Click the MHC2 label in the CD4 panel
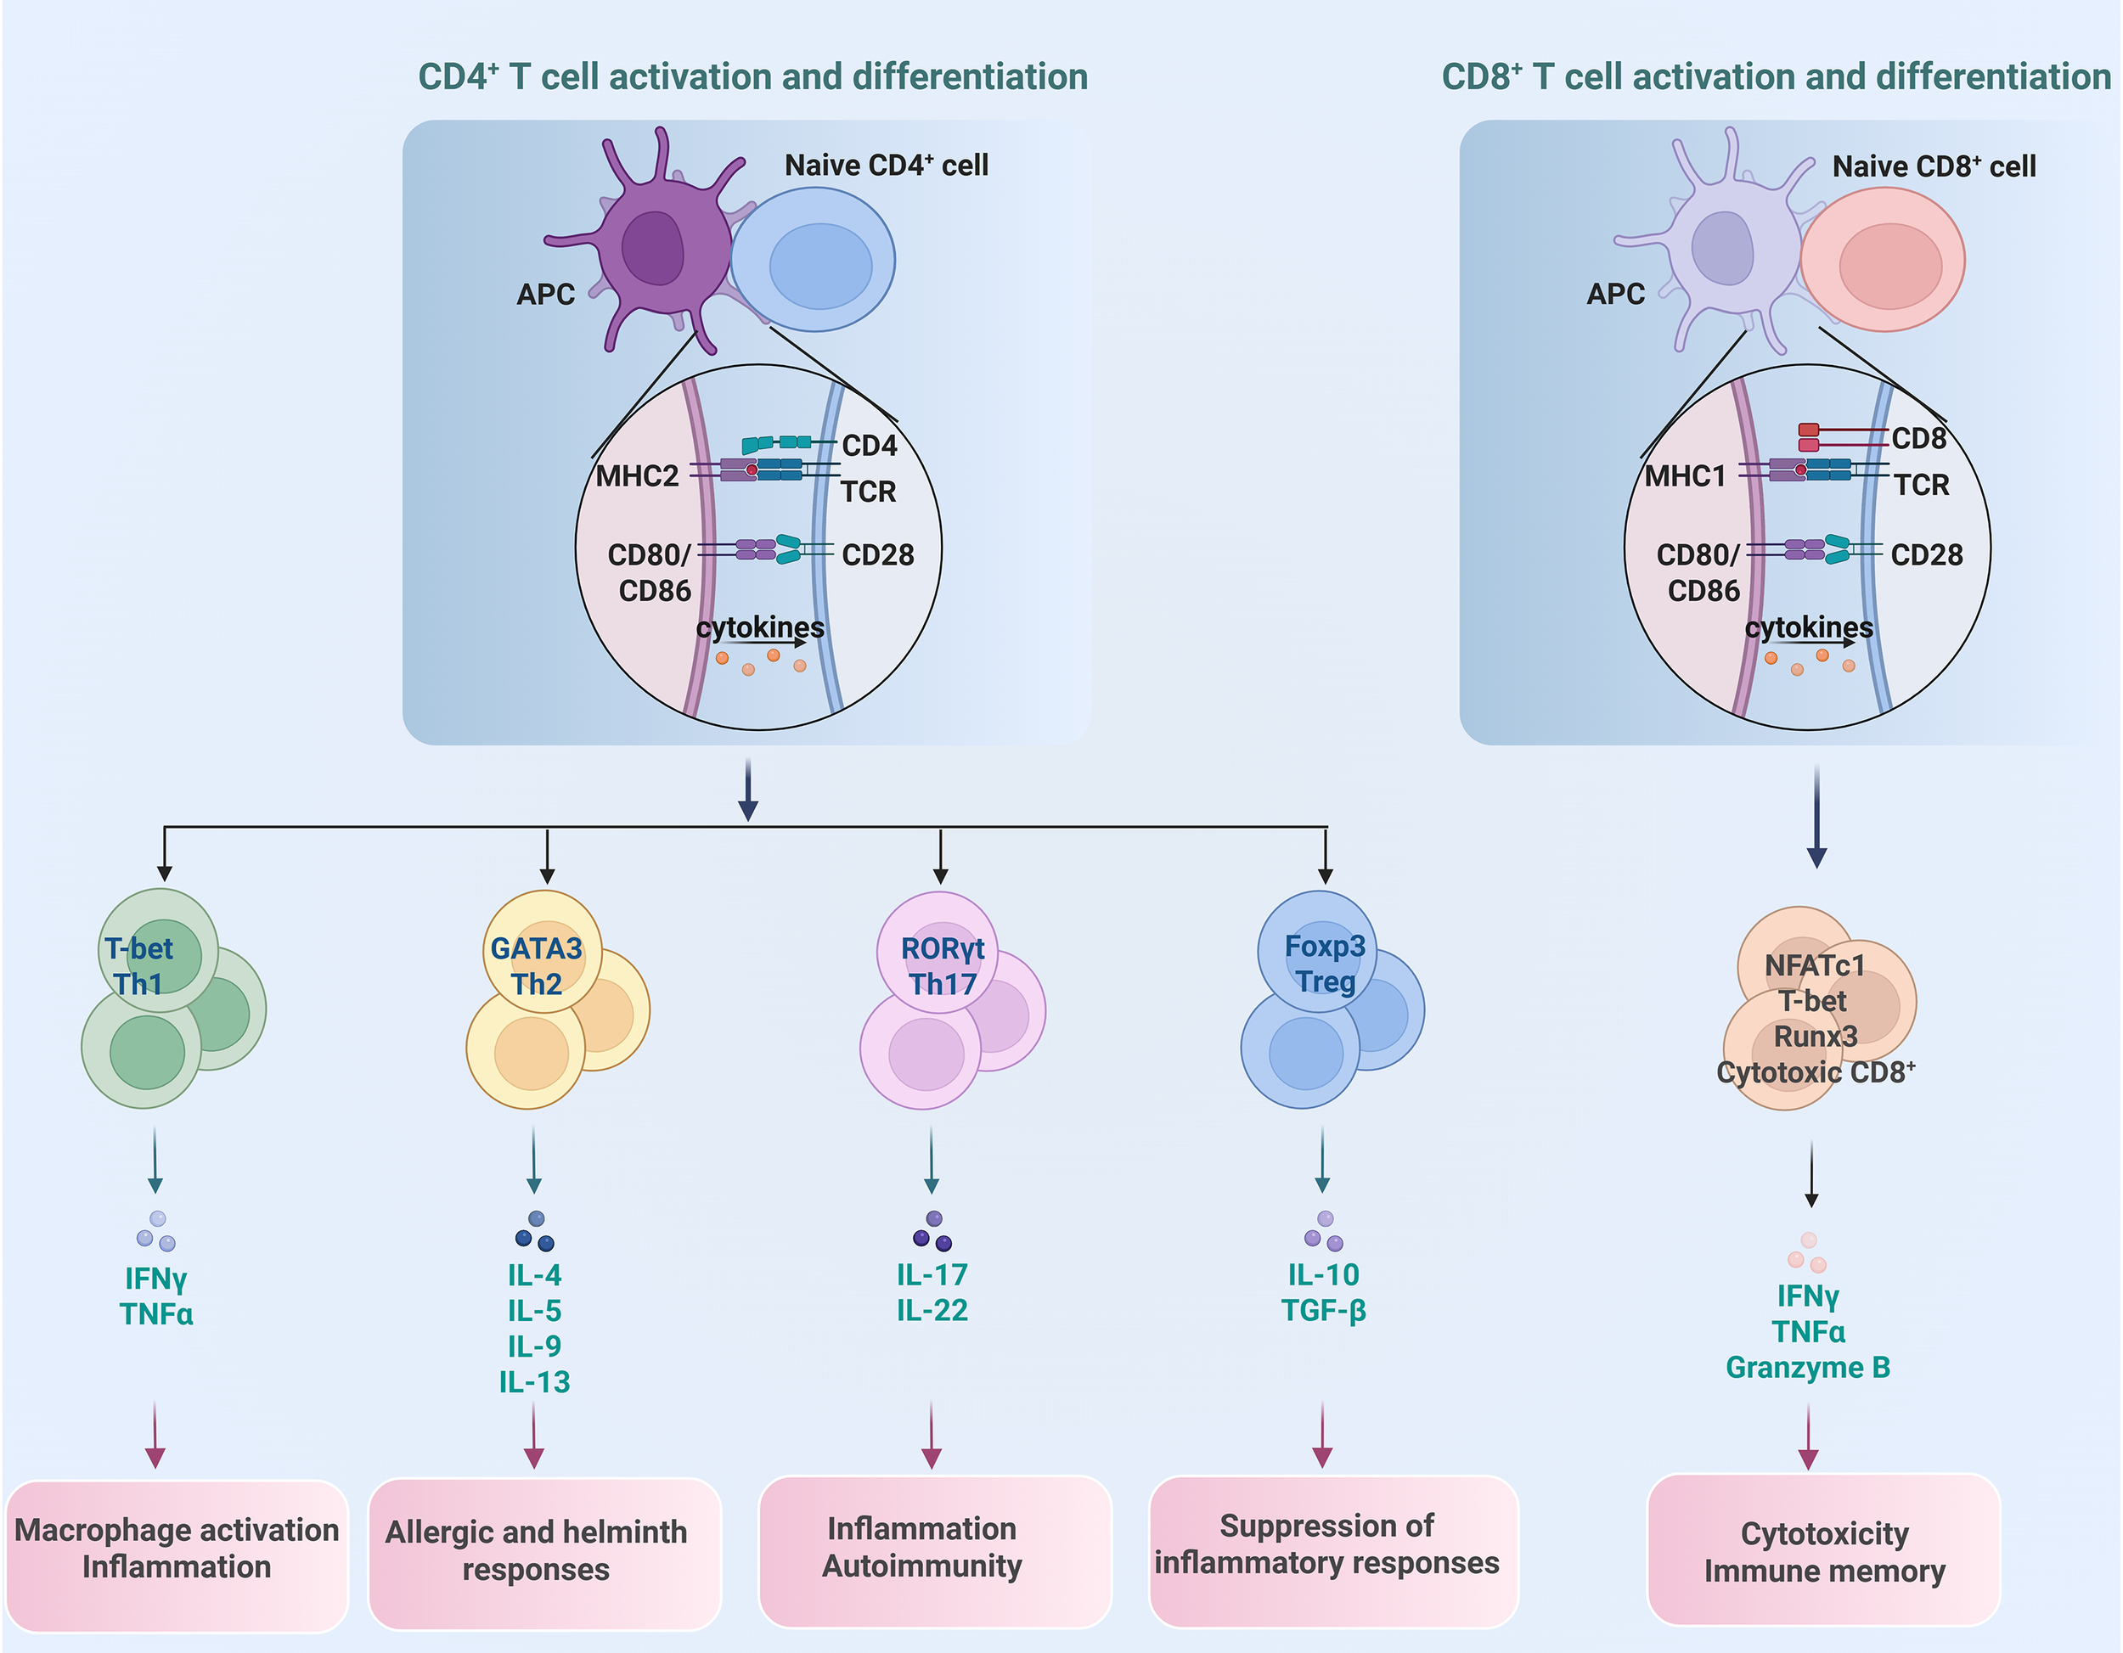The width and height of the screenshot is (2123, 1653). pyautogui.click(x=637, y=476)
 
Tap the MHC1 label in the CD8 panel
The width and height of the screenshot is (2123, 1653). pyautogui.click(x=1686, y=476)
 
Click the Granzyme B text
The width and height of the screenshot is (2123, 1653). pyautogui.click(x=1807, y=1367)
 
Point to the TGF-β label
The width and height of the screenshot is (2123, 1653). pyautogui.click(x=1323, y=1311)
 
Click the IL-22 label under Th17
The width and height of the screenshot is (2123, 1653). pyautogui.click(x=932, y=1311)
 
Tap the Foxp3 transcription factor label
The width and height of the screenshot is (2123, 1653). pyautogui.click(x=1324, y=946)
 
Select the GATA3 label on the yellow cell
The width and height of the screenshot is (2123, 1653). pyautogui.click(x=536, y=948)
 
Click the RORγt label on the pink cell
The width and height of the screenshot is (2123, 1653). pyautogui.click(x=942, y=948)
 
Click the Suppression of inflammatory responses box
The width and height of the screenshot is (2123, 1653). pyautogui.click(x=1326, y=1545)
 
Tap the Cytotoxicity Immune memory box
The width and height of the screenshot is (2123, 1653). pyautogui.click(x=1823, y=1551)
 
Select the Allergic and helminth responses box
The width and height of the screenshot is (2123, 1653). pyautogui.click(x=536, y=1551)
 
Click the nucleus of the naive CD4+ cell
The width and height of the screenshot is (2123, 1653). pyautogui.click(x=820, y=265)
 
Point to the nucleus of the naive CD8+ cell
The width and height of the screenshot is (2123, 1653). pyautogui.click(x=1889, y=265)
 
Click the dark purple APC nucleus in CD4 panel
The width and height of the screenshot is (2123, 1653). pyautogui.click(x=653, y=248)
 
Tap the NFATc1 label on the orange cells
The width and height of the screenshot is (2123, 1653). pyautogui.click(x=1814, y=966)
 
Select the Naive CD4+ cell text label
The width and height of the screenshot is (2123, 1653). pyautogui.click(x=886, y=166)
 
